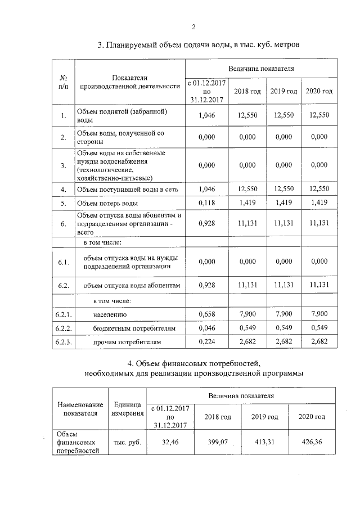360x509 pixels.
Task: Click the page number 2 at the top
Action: [193, 26]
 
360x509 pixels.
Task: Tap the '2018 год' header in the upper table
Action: [247, 91]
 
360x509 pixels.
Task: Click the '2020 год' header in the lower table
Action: [313, 417]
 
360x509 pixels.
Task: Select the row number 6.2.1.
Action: [64, 314]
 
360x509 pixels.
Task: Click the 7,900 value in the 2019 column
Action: [283, 314]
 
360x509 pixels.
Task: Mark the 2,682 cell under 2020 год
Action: [318, 341]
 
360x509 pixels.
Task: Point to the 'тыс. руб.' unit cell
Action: [126, 442]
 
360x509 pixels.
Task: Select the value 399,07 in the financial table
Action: [217, 442]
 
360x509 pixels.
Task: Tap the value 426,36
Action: [313, 442]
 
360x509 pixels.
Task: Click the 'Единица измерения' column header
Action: [126, 409]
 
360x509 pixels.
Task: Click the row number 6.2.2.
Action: [64, 327]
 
